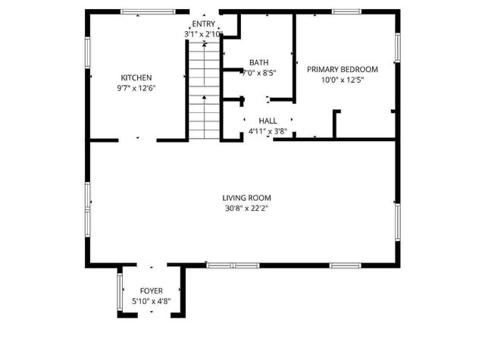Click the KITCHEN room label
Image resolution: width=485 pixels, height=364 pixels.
click(x=137, y=77)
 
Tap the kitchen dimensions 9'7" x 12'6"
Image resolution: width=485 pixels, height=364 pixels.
click(x=137, y=87)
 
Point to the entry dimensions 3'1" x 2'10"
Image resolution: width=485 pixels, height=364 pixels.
click(x=203, y=34)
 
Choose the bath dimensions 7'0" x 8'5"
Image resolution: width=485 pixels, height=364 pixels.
click(x=258, y=74)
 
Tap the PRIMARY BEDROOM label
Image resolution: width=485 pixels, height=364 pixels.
click(x=342, y=69)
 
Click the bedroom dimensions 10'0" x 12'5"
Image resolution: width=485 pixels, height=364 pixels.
click(x=342, y=79)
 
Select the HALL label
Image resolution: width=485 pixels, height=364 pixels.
click(x=268, y=121)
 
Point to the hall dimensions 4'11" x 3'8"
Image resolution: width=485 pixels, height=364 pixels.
click(x=268, y=130)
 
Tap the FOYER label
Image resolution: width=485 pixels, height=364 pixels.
click(x=151, y=291)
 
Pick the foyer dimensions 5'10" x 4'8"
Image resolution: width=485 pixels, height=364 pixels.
click(x=151, y=301)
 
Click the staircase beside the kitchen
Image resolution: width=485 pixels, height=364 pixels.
click(x=202, y=91)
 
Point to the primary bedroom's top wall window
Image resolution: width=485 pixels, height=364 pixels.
click(x=346, y=11)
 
